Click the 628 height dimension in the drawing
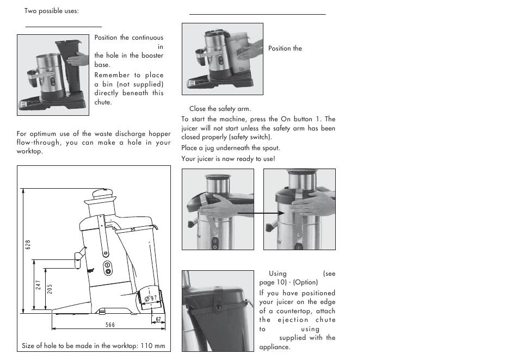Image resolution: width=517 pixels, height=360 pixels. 28,245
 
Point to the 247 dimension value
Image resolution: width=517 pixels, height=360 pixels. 39,285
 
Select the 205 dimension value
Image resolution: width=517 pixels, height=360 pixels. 50,289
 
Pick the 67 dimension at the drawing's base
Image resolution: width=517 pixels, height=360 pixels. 159,320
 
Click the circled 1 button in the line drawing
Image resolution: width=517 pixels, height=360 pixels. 108,265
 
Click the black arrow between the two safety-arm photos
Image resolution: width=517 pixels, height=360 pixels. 258,213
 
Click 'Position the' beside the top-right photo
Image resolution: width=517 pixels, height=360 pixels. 285,48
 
